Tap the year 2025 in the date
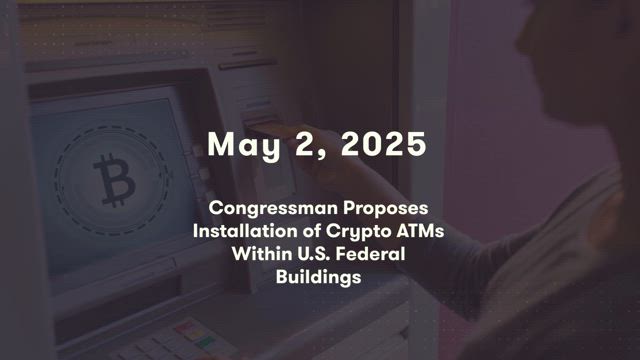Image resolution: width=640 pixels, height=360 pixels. click(x=384, y=144)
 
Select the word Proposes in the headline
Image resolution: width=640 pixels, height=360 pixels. click(x=385, y=209)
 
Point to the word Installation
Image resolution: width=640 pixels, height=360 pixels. click(x=245, y=231)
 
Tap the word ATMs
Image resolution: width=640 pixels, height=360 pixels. click(x=420, y=231)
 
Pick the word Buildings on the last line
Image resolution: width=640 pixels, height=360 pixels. click(x=318, y=278)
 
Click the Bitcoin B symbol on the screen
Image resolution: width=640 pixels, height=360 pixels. click(x=114, y=180)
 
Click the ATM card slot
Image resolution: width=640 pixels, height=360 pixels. click(x=261, y=122)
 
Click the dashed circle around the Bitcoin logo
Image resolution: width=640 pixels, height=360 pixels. click(x=55, y=180)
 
